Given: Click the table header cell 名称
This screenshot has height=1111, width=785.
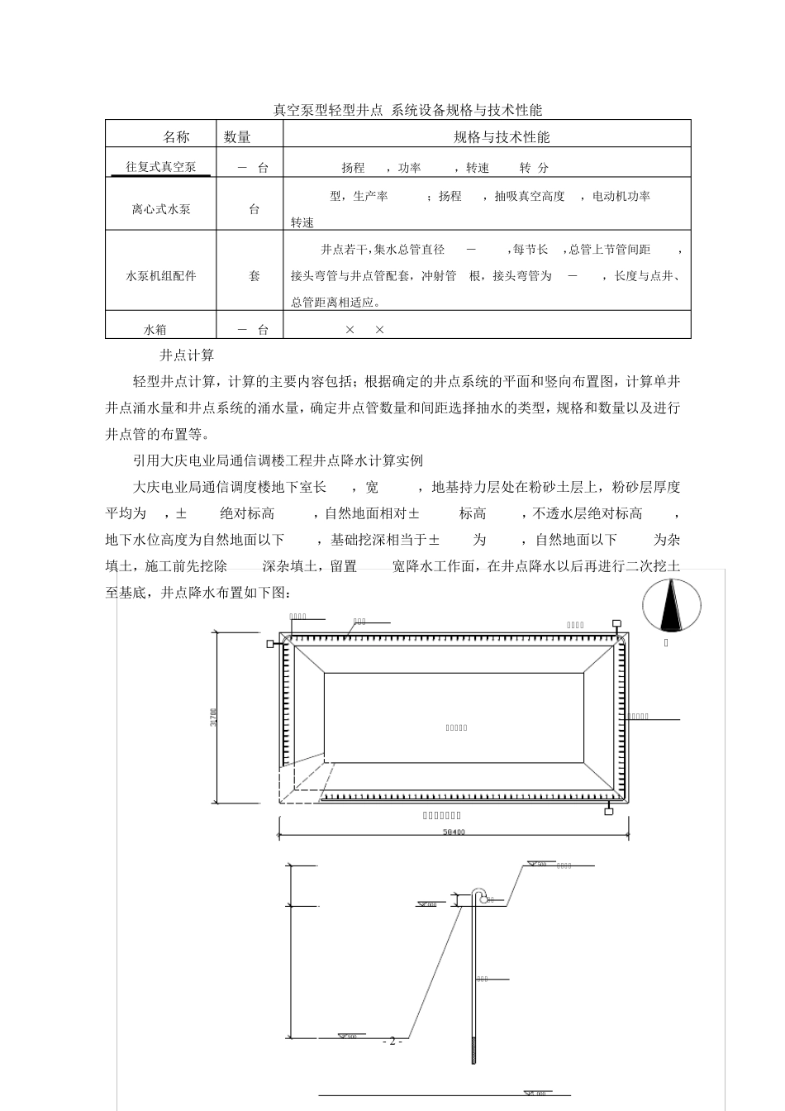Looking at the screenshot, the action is pyautogui.click(x=175, y=136).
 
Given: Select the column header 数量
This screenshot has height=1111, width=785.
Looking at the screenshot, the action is pyautogui.click(x=237, y=136).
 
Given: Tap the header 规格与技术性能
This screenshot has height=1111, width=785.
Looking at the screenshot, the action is pyautogui.click(x=502, y=136).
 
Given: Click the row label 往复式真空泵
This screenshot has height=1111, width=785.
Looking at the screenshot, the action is pyautogui.click(x=161, y=167).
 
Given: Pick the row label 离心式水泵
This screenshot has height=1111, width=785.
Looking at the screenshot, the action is pyautogui.click(x=161, y=209).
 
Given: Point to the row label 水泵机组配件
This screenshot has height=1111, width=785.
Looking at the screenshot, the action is pyautogui.click(x=161, y=275).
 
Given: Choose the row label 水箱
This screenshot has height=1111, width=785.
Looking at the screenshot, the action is pyautogui.click(x=155, y=330).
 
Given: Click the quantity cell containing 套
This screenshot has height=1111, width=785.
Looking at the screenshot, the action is pyautogui.click(x=255, y=275).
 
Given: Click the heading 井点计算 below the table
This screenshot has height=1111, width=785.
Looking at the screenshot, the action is pyautogui.click(x=187, y=355).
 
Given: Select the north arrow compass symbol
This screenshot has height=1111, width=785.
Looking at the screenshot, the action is pyautogui.click(x=672, y=604).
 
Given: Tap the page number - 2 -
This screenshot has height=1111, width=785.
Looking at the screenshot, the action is pyautogui.click(x=392, y=1041).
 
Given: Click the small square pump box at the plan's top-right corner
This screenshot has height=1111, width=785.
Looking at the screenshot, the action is pyautogui.click(x=616, y=623).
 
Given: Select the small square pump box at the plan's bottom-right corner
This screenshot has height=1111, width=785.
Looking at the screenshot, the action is pyautogui.click(x=609, y=812).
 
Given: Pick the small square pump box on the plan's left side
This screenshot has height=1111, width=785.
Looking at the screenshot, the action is pyautogui.click(x=270, y=644).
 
